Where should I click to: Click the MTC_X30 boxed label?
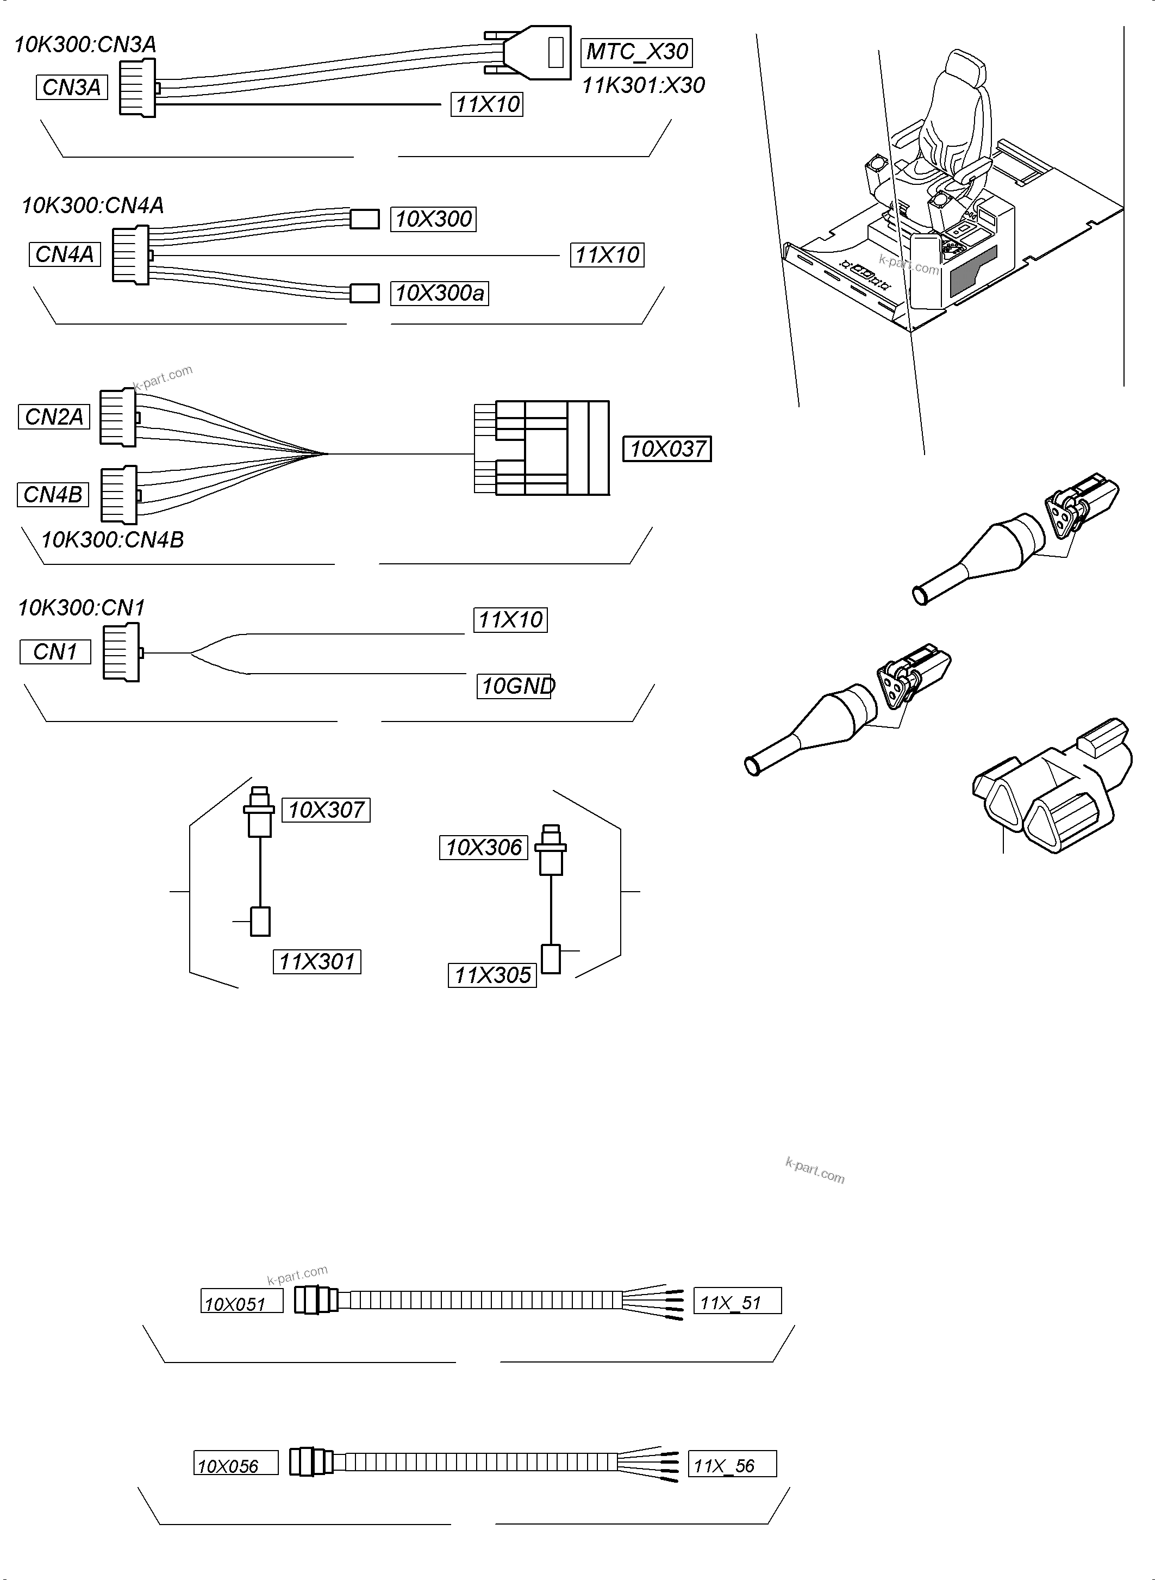click(636, 52)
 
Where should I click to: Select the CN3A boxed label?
click(71, 88)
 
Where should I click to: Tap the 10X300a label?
click(439, 293)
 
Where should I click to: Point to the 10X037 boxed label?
click(667, 449)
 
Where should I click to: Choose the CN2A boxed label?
click(54, 417)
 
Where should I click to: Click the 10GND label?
click(515, 686)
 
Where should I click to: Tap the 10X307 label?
click(326, 810)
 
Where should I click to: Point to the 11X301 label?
click(317, 962)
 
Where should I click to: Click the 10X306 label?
click(483, 848)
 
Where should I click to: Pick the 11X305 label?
click(492, 975)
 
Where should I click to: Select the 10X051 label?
click(241, 1304)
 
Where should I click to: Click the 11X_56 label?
click(732, 1465)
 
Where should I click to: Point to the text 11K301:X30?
click(643, 85)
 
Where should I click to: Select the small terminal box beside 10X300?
click(364, 219)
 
